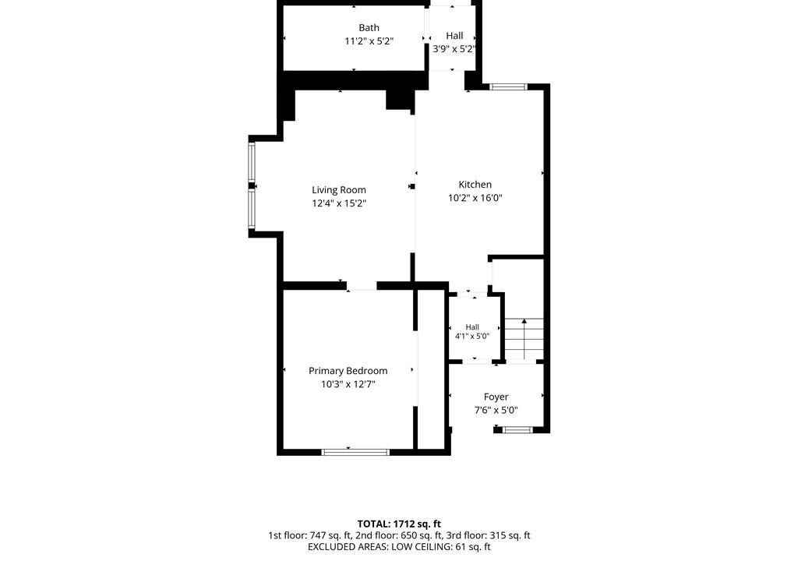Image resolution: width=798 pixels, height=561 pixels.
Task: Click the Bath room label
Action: point(369,28)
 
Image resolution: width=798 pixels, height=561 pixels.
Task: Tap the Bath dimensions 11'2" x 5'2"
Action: point(369,41)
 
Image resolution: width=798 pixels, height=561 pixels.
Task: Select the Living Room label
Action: point(339,190)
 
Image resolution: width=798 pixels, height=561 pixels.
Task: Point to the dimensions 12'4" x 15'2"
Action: point(339,203)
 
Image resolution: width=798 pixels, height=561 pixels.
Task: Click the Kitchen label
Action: point(475,185)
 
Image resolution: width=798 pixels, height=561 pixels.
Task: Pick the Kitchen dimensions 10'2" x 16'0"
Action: point(475,198)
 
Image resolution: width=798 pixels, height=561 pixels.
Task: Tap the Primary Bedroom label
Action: point(348,371)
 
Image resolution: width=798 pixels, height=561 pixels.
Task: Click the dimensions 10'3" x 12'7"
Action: point(348,384)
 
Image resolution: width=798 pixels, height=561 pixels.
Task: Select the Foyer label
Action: point(496,397)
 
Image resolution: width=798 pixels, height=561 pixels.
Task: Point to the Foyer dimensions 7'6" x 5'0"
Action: point(496,411)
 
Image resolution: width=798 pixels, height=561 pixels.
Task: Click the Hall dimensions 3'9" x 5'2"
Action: point(454,49)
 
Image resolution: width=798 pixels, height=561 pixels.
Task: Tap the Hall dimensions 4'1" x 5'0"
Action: point(472,336)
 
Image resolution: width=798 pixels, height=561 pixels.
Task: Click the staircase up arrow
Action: point(524,339)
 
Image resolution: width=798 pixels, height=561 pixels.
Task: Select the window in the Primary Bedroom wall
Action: point(355,452)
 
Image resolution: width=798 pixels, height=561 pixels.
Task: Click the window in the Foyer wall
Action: point(517,430)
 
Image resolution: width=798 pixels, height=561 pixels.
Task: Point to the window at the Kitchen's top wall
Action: point(508,86)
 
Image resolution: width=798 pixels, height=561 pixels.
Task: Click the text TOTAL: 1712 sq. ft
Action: point(399,524)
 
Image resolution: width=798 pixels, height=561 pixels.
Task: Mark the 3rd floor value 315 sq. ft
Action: point(510,535)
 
